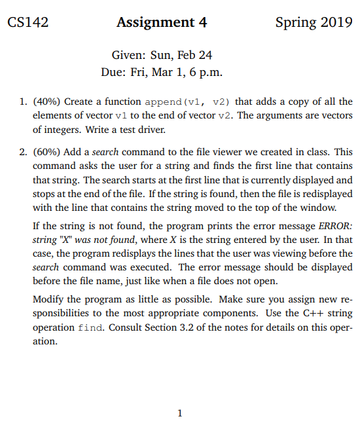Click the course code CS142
pos(28,22)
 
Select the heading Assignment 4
pos(162,22)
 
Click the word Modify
pos(47,299)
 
